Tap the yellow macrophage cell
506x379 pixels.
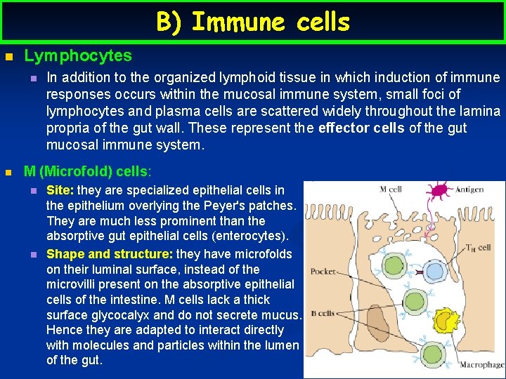[x=444, y=320]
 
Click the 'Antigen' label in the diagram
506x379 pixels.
[x=469, y=188]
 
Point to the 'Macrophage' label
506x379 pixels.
[x=481, y=365]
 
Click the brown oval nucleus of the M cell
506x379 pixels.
[x=378, y=328]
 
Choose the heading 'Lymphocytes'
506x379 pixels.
[x=78, y=55]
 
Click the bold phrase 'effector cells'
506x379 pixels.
[x=361, y=128]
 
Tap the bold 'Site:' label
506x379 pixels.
[x=60, y=190]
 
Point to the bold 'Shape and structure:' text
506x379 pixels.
[x=109, y=254]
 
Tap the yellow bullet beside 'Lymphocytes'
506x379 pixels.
[x=8, y=56]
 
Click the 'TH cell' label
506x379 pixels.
[x=478, y=248]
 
